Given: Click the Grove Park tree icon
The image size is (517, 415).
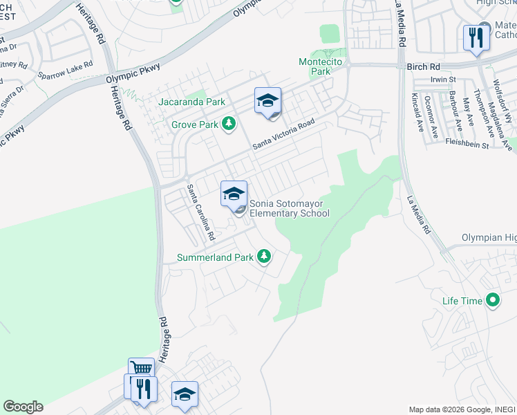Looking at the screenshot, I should (229, 124).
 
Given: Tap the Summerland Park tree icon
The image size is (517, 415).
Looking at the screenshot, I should (263, 257).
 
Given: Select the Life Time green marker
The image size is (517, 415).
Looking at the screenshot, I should (492, 301).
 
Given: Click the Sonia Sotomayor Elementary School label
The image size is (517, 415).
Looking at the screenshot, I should (289, 208).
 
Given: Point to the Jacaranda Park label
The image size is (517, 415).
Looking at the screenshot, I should (192, 102).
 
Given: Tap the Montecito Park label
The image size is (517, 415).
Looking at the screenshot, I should (314, 66).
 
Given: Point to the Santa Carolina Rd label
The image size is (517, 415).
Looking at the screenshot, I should (201, 212).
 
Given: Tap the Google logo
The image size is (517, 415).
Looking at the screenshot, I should (23, 407).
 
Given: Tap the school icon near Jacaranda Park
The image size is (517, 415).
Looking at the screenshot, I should (267, 101).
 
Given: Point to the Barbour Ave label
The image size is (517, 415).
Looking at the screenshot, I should (453, 111).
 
